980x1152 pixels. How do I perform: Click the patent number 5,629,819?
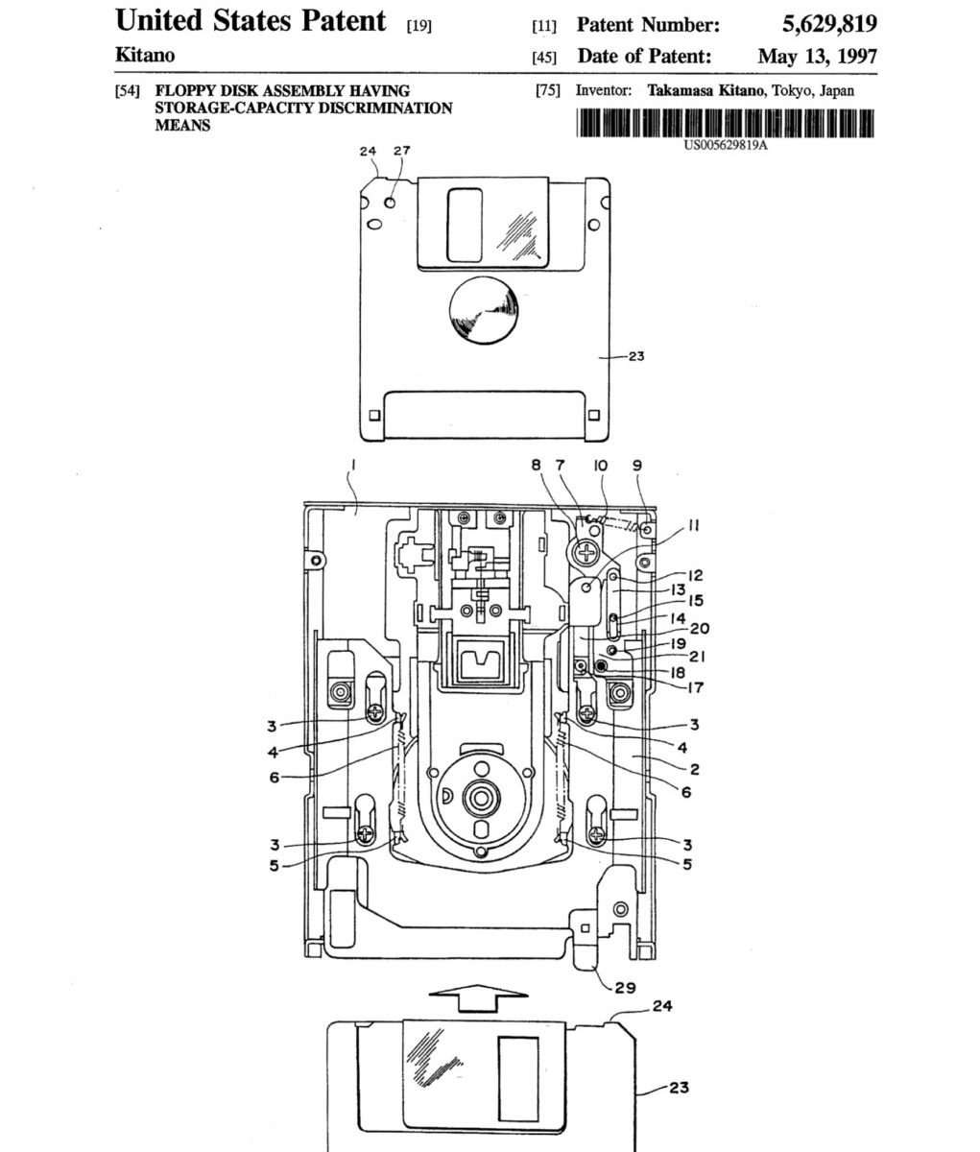tap(829, 24)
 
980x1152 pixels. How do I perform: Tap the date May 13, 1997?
tap(818, 57)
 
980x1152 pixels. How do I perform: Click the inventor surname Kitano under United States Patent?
tap(145, 55)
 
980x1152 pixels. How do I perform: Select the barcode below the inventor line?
tap(726, 123)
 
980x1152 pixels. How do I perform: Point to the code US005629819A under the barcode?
tap(726, 146)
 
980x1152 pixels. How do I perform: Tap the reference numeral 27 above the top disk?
tap(401, 151)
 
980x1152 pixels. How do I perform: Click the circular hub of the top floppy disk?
tap(483, 310)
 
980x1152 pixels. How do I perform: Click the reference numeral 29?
tap(625, 988)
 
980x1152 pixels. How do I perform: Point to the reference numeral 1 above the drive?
tap(353, 465)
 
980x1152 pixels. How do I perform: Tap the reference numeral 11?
tap(692, 525)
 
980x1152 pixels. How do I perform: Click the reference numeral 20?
tap(700, 629)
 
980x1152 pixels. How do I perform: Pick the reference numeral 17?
tap(695, 687)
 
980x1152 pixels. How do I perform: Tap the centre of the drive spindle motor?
tap(480, 798)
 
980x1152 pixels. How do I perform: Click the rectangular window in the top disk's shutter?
tap(465, 226)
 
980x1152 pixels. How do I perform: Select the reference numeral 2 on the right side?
tap(694, 770)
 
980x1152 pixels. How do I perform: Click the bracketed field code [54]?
tap(128, 91)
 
